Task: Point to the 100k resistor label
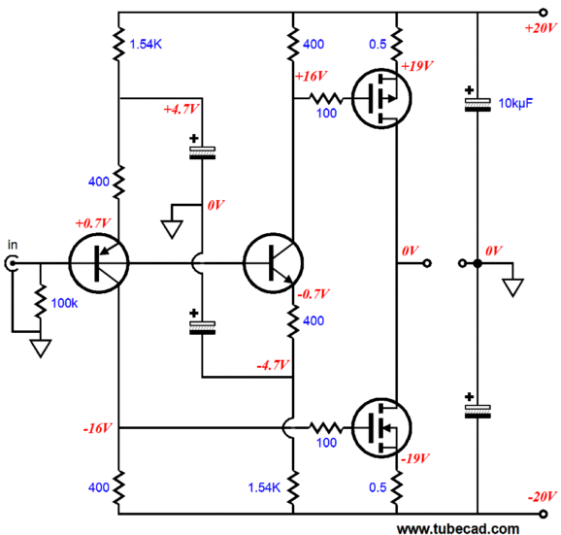click(64, 304)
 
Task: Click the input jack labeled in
click(14, 263)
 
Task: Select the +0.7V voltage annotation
click(92, 223)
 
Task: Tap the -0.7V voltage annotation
click(314, 292)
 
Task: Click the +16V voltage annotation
click(312, 75)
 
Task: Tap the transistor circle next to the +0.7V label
click(98, 263)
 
